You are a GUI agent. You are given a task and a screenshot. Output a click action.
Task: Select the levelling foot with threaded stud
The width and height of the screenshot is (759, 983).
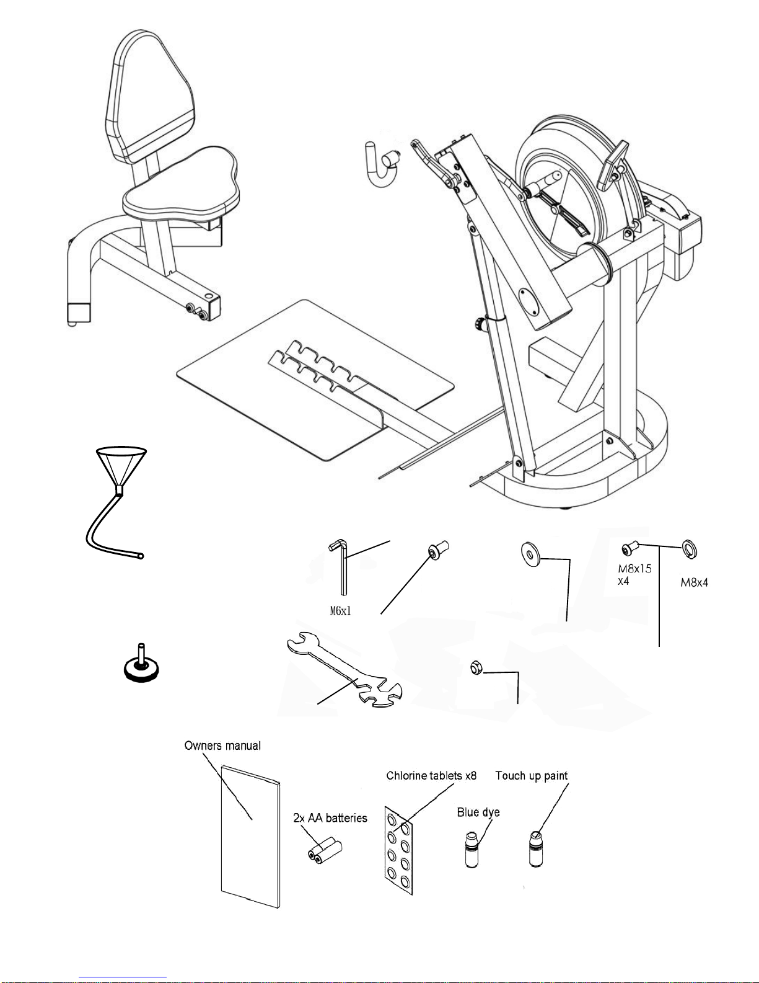141,664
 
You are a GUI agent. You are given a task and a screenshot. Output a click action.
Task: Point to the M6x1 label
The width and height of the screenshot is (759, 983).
340,611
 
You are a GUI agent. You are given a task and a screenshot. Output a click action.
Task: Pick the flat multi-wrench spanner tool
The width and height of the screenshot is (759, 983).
344,670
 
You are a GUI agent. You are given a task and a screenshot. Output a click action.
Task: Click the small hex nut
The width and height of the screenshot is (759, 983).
476,668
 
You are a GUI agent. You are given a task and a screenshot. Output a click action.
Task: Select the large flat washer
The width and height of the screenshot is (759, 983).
530,554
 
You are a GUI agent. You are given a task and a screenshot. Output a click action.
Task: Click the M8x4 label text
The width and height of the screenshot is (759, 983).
695,582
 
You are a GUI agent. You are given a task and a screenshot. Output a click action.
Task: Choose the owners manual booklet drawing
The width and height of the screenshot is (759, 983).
251,837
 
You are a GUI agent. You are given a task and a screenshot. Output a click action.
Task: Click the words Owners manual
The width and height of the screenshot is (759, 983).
222,746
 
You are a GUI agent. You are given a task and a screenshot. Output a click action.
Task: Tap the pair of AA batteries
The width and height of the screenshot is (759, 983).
325,850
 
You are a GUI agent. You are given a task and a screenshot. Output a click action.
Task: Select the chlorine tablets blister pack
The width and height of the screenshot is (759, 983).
398,850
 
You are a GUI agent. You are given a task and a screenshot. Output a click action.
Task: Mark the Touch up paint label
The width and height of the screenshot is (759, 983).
532,776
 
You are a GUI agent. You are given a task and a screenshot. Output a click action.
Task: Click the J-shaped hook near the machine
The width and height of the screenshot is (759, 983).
382,165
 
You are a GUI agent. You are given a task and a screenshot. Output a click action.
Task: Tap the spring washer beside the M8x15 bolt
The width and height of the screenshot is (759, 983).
690,549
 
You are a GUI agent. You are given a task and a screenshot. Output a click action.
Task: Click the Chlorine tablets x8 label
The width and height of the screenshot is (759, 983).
431,776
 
